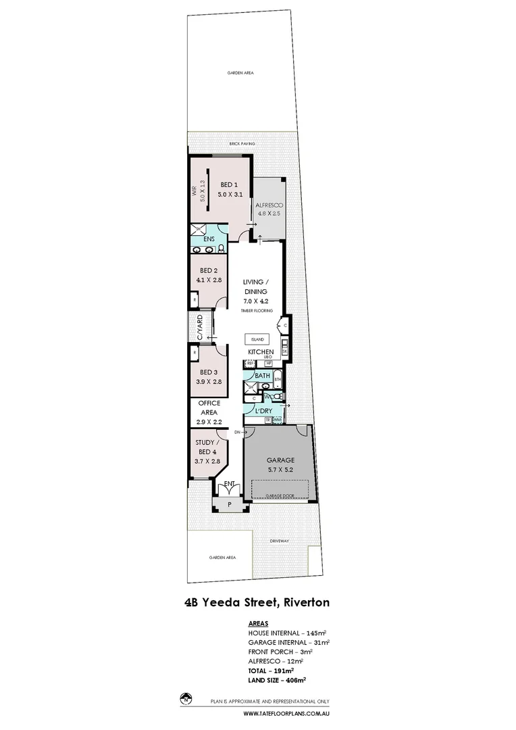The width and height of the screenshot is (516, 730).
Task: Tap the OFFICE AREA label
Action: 209,408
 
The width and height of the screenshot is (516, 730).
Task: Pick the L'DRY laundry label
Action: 263,410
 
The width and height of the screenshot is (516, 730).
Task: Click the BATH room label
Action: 262,375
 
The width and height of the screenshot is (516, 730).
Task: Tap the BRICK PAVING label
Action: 241,143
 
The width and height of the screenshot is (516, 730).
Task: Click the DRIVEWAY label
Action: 279,541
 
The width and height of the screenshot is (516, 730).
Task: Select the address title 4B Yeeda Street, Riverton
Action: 257,600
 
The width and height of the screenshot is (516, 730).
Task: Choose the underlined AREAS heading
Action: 258,623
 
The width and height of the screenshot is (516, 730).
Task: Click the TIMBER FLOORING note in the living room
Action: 257,310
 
